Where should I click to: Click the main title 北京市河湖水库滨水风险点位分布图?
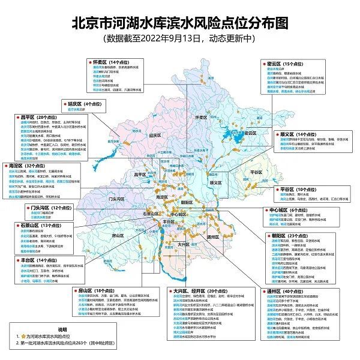tap(180, 22)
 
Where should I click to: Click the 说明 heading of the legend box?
tap(64, 329)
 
